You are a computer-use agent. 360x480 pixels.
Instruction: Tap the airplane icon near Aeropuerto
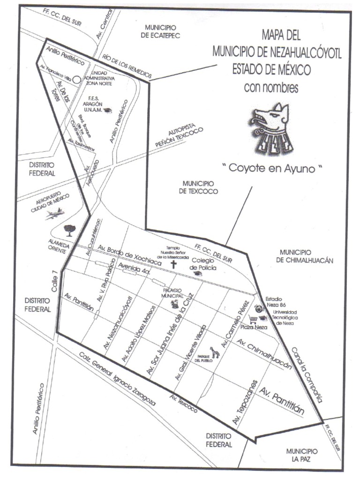coord(54,215)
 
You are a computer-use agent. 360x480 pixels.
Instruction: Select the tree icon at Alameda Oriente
coord(70,230)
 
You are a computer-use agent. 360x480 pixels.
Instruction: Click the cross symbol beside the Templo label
coord(173,264)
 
